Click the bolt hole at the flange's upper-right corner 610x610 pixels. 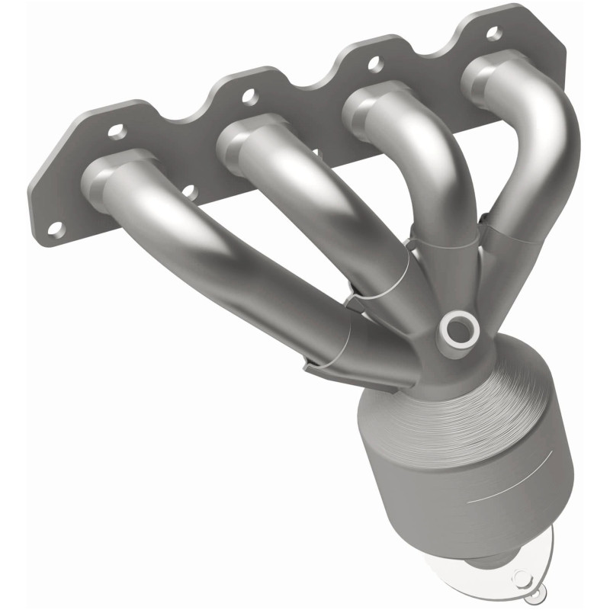(493, 33)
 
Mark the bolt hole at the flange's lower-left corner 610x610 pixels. (56, 226)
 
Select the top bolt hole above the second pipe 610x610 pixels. (247, 96)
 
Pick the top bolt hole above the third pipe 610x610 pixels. (373, 65)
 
